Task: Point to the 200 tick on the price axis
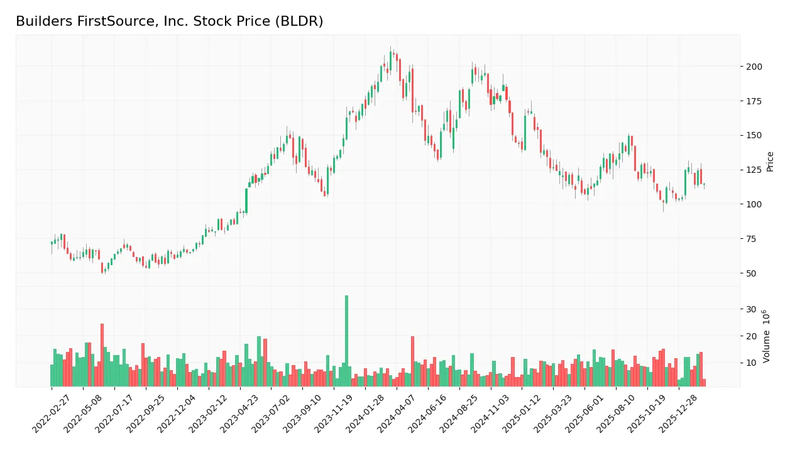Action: click(x=754, y=67)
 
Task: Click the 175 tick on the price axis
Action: click(x=754, y=101)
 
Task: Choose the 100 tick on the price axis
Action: click(x=754, y=204)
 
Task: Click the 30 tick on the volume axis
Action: click(x=750, y=309)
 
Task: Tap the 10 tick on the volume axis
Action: click(x=750, y=363)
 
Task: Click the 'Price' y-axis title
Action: click(x=770, y=162)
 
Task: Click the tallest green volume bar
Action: click(x=346, y=341)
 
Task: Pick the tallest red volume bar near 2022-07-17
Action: click(x=102, y=355)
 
